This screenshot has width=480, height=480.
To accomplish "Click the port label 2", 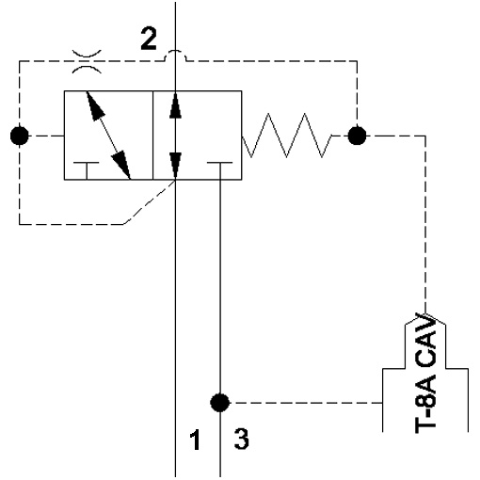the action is point(149,39).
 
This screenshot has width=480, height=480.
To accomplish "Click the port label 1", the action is point(195,440).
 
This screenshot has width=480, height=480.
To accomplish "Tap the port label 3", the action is point(242,440).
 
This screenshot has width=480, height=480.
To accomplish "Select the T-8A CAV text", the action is point(425,374).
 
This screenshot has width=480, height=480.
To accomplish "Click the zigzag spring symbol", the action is point(287,136).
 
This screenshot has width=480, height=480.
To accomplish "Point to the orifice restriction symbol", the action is point(87,61).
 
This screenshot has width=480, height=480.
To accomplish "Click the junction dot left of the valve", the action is point(20,136).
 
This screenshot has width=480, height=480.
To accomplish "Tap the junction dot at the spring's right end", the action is point(357,136).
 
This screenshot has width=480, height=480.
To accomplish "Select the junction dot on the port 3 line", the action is point(220,403).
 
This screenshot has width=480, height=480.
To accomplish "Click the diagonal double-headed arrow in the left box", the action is point(108,136).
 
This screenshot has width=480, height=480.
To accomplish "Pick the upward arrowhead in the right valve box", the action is point(175,104).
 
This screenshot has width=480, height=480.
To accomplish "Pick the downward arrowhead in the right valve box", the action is point(175,167).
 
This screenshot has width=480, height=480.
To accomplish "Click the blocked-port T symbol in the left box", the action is point(87,170).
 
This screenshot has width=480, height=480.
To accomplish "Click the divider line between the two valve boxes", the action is point(152,136).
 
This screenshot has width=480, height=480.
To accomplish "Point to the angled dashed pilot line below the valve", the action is point(150,202).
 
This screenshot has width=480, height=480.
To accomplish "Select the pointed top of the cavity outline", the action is point(425,314).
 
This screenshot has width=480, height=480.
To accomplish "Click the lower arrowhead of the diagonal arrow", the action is point(122,165).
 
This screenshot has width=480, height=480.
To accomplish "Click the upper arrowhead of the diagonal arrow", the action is point(95,105).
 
